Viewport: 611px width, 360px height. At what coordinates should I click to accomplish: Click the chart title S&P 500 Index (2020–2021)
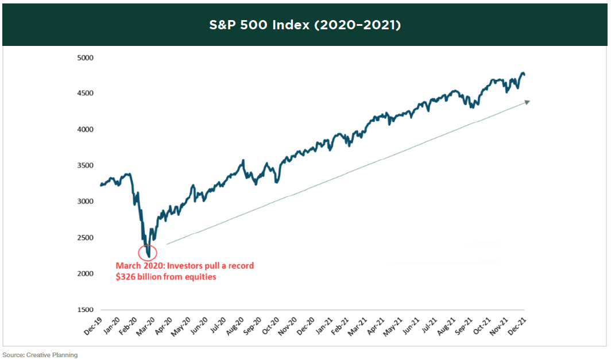(305, 26)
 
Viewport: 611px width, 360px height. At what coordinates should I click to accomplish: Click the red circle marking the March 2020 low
(148, 252)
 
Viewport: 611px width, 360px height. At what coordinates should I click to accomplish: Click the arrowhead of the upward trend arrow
(526, 102)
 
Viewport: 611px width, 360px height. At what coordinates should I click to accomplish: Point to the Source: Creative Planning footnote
(40, 355)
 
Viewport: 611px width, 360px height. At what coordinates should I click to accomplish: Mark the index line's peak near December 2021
(523, 73)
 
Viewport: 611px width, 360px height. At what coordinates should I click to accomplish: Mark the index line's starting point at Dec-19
(100, 185)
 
